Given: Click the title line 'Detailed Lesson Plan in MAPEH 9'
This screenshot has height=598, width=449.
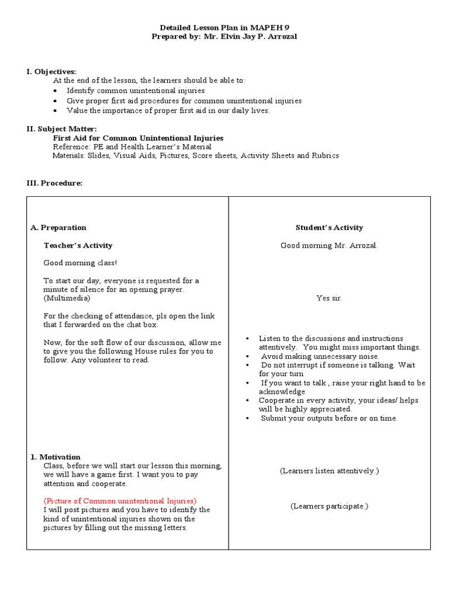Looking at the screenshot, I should (224, 28).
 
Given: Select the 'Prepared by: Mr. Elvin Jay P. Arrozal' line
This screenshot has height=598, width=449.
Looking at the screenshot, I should (224, 37).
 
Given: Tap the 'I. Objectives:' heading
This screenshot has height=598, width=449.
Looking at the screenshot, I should (51, 71).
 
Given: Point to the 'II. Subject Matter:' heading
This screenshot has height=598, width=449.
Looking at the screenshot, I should (61, 128).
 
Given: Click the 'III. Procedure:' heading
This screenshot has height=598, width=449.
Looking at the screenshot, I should (54, 183).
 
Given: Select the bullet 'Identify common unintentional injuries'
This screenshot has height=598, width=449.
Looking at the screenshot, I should (136, 91).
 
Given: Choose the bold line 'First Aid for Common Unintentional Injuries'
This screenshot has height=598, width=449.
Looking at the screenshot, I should (138, 138).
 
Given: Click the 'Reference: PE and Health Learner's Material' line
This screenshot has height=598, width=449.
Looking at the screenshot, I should (132, 147).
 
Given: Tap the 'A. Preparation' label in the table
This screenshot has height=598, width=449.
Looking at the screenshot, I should (58, 228).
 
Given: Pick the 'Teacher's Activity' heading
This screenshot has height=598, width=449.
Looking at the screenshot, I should (78, 245).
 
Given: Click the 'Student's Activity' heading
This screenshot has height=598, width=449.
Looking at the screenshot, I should (329, 228).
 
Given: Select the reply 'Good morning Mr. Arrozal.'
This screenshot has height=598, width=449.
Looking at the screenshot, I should (329, 245).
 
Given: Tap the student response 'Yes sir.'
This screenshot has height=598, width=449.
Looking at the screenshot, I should (329, 298).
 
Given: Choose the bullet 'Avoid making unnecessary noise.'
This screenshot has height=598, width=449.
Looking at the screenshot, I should (320, 356).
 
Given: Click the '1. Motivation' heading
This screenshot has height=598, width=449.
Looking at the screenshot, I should (56, 457).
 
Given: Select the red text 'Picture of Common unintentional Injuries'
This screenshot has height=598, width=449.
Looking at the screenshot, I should (120, 501).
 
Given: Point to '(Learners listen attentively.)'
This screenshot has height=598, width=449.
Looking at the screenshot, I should (329, 470).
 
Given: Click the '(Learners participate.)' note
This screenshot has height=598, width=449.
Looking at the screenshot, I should (329, 506).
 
